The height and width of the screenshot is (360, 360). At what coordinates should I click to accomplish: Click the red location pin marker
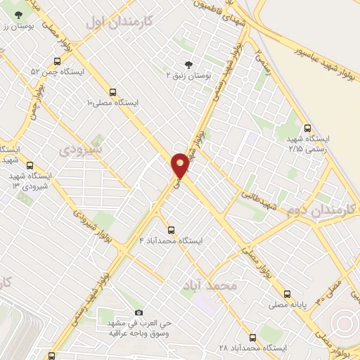(x=181, y=165)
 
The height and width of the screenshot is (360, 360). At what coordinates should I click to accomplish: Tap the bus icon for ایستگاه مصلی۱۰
(x=112, y=91)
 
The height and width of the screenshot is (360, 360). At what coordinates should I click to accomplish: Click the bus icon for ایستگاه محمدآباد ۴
(x=171, y=230)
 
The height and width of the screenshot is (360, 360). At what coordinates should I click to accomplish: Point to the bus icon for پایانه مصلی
(x=287, y=294)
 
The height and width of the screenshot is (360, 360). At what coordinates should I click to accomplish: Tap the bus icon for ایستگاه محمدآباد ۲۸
(x=252, y=337)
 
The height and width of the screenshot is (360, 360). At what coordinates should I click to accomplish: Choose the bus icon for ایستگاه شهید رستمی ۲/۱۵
(x=307, y=128)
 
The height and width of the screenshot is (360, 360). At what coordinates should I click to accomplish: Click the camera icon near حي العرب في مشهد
(x=138, y=312)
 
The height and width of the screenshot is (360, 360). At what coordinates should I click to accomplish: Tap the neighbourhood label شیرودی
(x=80, y=150)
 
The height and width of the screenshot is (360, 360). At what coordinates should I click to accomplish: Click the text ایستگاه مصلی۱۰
(x=112, y=103)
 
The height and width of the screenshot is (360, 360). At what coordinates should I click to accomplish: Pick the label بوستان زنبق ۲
(x=189, y=74)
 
